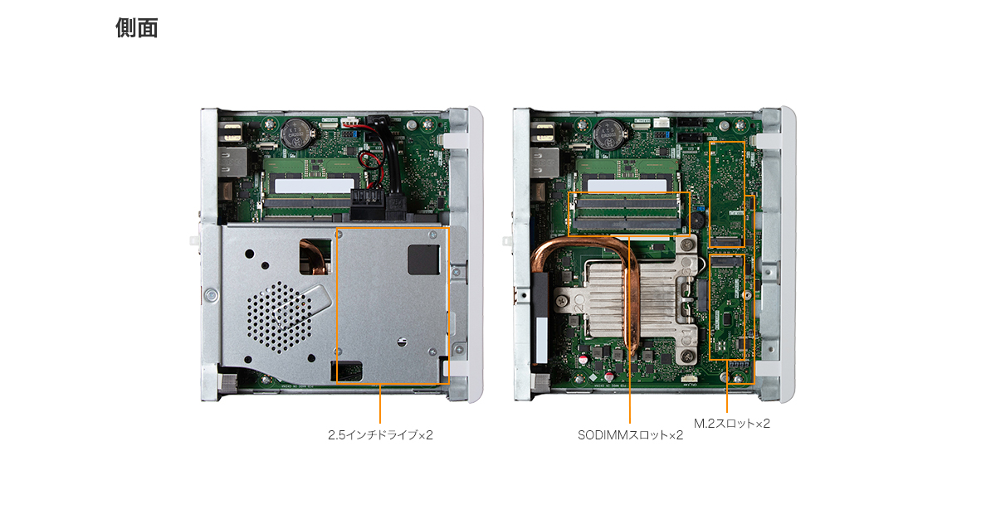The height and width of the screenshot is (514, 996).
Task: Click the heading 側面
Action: click(x=136, y=28)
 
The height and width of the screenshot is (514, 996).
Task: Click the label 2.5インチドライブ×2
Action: click(x=380, y=435)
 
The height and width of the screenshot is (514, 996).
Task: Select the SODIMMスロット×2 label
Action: click(x=630, y=435)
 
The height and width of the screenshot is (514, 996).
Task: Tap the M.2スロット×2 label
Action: click(x=732, y=424)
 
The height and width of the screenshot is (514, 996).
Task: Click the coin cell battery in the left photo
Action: click(x=298, y=133)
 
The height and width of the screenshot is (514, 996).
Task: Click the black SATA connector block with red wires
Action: click(x=367, y=203)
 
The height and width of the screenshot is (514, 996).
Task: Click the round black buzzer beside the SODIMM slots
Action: click(x=696, y=220)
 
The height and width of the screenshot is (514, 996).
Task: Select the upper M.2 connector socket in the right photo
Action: click(x=726, y=242)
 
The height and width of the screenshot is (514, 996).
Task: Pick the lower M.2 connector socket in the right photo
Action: click(x=726, y=261)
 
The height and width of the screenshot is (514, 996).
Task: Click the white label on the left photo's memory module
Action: click(x=315, y=186)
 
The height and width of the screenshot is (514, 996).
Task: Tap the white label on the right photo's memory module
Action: click(x=627, y=186)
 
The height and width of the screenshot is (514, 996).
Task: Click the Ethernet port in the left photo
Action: click(x=232, y=162)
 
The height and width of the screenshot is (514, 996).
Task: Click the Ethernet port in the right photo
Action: click(x=544, y=162)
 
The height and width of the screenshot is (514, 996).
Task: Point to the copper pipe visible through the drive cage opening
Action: click(x=316, y=259)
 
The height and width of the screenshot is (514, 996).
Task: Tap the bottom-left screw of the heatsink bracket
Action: click(x=562, y=301)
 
